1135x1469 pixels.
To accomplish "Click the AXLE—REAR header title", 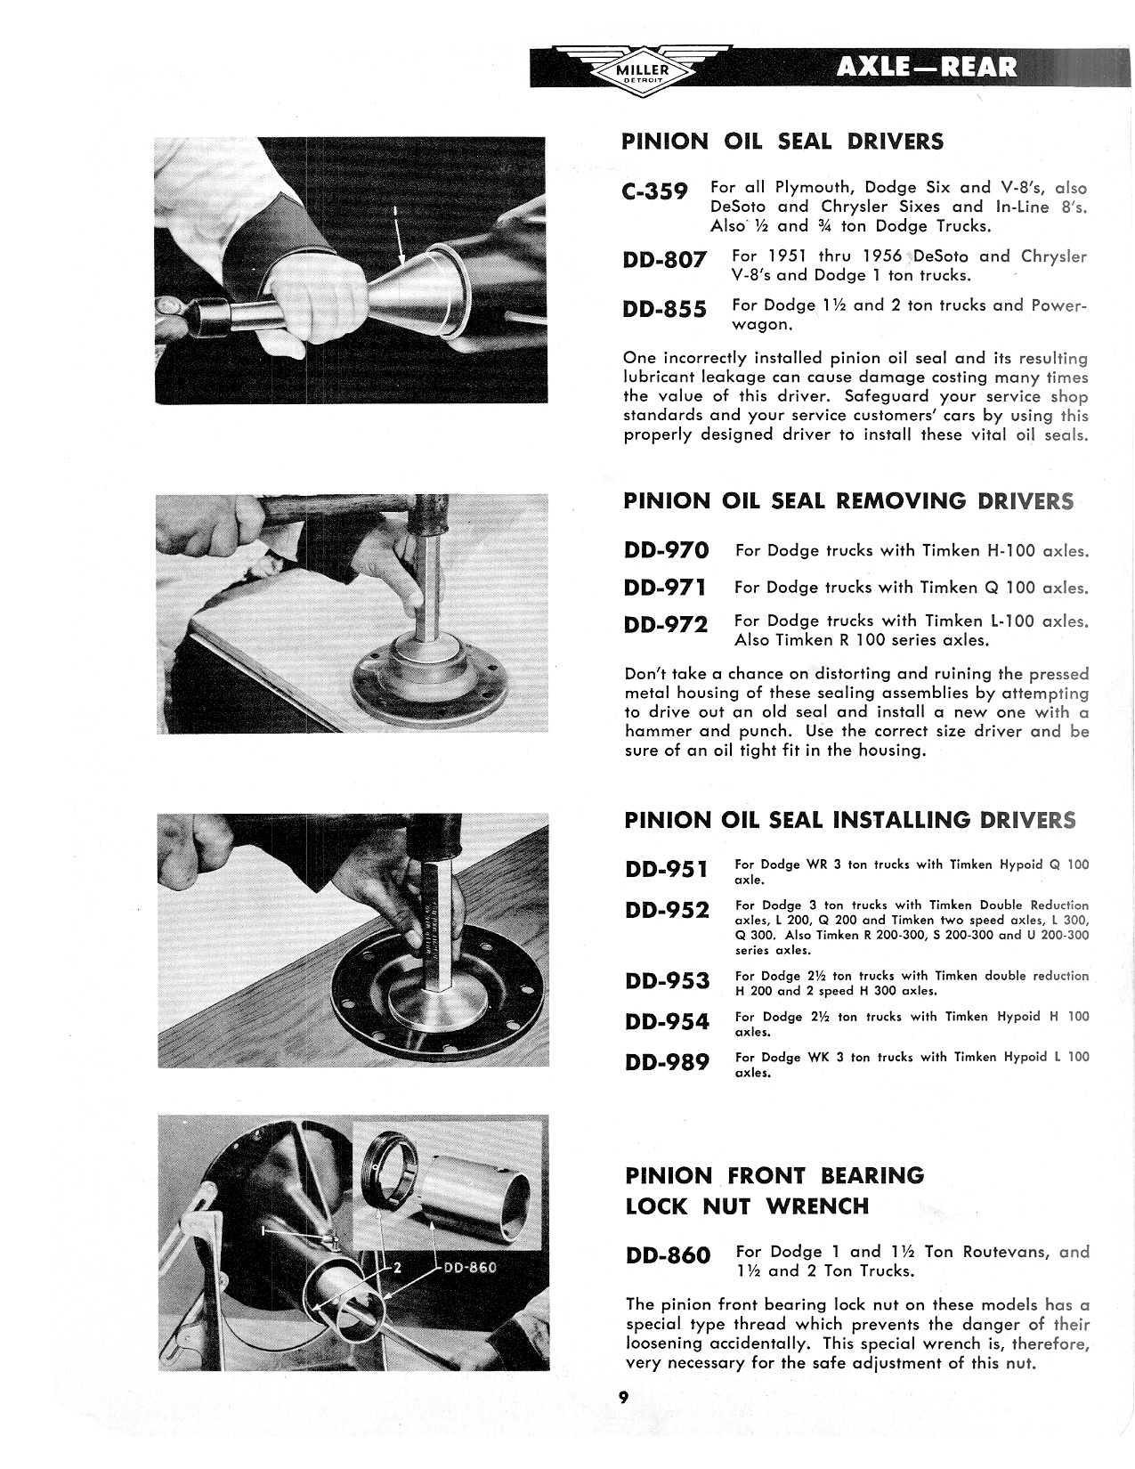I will click(926, 68).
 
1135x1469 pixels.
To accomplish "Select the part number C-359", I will click(655, 192).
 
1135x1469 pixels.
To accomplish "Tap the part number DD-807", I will click(667, 261).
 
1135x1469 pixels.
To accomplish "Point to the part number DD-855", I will click(667, 309).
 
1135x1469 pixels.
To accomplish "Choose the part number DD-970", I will click(667, 551).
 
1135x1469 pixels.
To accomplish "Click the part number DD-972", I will click(667, 625).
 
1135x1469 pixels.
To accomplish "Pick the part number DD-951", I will click(667, 869).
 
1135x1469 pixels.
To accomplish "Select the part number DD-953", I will click(667, 981).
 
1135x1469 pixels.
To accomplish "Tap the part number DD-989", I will click(667, 1062).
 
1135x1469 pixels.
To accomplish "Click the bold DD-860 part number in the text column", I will click(668, 1256).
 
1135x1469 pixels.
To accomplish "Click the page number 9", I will click(624, 1397).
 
